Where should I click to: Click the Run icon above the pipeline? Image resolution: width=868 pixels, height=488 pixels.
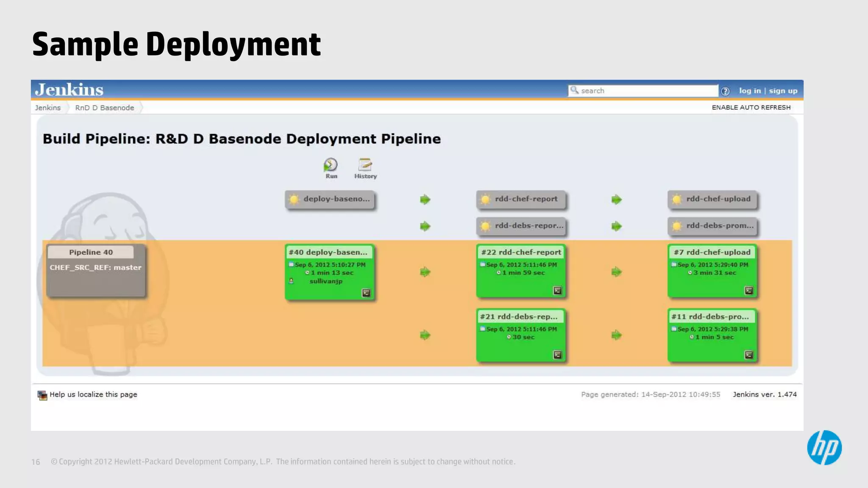tap(331, 165)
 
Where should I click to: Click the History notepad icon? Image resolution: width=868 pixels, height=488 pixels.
tap(365, 165)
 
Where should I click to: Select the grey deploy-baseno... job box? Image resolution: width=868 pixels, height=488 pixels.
tap(330, 200)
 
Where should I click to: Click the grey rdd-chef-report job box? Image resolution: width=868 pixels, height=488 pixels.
tap(521, 200)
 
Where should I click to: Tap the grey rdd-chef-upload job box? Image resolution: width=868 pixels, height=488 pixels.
tap(712, 200)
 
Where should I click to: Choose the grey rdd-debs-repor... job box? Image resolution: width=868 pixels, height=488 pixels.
tap(521, 226)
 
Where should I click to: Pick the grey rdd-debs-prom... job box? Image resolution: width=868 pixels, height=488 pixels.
tap(712, 226)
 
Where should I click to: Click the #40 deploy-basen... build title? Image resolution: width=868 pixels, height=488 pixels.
tap(328, 252)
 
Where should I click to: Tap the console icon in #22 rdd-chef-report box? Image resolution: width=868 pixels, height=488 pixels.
tap(557, 291)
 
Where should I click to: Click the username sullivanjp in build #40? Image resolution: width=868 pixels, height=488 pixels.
tap(325, 281)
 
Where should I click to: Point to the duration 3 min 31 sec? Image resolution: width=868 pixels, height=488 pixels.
tap(715, 273)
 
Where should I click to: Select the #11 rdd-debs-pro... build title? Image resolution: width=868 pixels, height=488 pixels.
tap(710, 317)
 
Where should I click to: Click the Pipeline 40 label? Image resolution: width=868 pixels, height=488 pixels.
tap(91, 252)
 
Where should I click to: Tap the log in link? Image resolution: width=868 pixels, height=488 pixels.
tap(750, 91)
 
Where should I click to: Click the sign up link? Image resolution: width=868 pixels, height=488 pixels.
tap(783, 91)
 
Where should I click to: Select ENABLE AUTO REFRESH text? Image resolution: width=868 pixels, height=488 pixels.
tap(751, 108)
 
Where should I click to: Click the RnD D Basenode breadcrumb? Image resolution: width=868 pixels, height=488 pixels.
tap(104, 108)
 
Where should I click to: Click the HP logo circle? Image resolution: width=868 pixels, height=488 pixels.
tap(824, 448)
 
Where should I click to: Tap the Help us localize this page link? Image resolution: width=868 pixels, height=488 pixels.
tap(93, 395)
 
